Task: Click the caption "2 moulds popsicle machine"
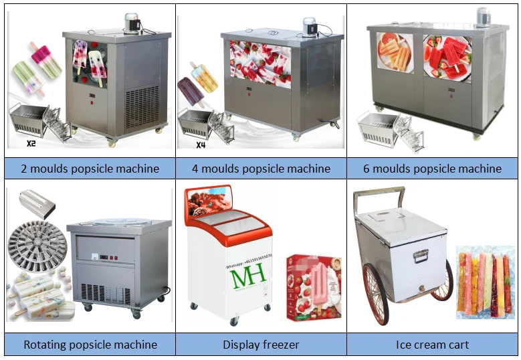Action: [91, 168]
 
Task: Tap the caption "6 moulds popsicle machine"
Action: [432, 168]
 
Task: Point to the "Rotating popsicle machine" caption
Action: [90, 345]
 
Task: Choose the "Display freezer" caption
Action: [261, 345]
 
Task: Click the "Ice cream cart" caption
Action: [431, 345]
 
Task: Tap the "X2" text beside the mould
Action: [29, 143]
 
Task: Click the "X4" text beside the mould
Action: [201, 145]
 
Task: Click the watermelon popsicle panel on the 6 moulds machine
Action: [447, 59]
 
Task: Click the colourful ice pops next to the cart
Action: [484, 282]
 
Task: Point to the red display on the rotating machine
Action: [108, 255]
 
